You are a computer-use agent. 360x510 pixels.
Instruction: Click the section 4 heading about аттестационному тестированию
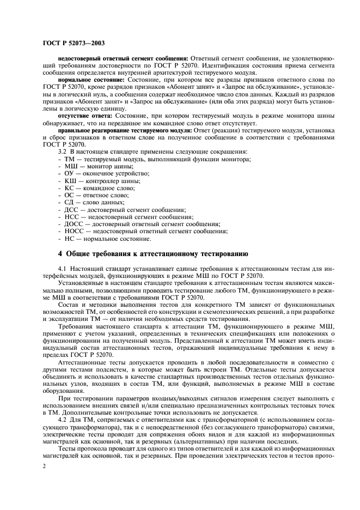tap(153, 253)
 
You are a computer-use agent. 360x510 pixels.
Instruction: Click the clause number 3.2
tap(63, 151)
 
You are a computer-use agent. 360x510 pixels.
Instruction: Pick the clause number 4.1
tap(63, 269)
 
